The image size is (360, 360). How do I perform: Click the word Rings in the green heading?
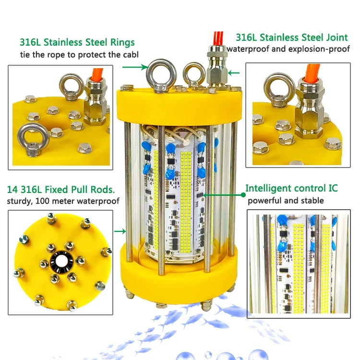(x=122, y=43)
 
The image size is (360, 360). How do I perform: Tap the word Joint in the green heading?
(x=337, y=37)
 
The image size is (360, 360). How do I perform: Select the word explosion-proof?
(x=321, y=49)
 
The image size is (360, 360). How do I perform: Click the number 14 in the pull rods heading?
(x=12, y=190)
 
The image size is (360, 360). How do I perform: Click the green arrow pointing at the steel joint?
(x=234, y=73)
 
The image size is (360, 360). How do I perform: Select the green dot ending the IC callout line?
(x=243, y=195)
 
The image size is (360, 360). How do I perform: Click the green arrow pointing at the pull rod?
(x=120, y=231)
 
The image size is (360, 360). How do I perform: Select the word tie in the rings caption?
(x=25, y=55)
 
